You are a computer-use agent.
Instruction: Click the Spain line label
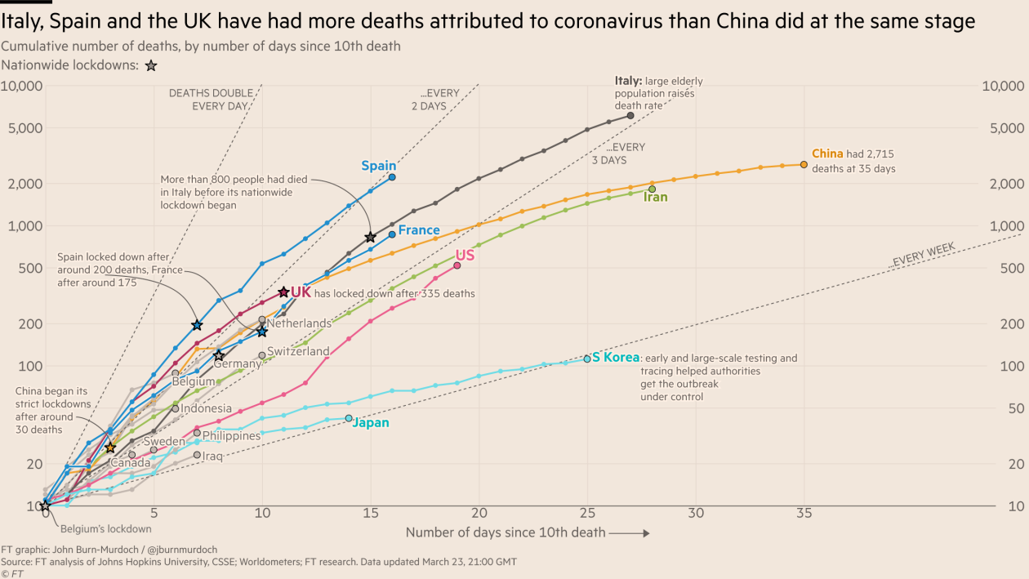[379, 166]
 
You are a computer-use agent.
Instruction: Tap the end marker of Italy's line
[630, 115]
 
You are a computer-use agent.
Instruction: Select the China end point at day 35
[804, 164]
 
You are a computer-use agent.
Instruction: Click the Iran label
[656, 197]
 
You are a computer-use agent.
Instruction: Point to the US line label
[465, 255]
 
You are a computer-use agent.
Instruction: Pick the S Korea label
[616, 358]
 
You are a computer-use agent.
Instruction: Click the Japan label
[371, 423]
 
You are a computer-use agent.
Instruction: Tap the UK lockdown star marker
[283, 292]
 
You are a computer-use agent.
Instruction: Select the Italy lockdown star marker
[371, 237]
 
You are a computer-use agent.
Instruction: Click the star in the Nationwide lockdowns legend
[151, 65]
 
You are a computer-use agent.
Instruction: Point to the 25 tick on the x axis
[587, 513]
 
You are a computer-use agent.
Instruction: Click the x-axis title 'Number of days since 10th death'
[506, 532]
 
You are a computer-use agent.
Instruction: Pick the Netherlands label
[299, 323]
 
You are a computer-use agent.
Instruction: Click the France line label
[419, 230]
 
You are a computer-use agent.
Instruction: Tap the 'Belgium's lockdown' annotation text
[106, 528]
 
